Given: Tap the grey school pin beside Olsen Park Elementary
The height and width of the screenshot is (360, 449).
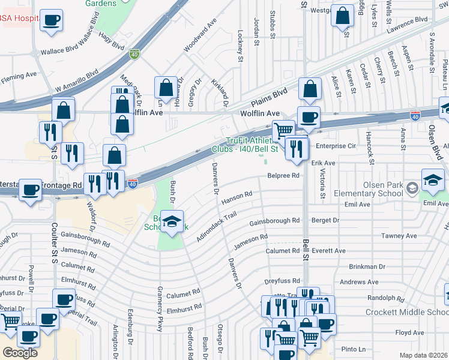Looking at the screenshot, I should tap(412, 188).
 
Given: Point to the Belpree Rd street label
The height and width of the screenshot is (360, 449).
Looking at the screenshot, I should tap(283, 176).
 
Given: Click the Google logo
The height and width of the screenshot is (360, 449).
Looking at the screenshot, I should tap(20, 352).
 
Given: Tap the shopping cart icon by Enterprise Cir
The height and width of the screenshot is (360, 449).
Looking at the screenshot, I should tap(283, 129).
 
